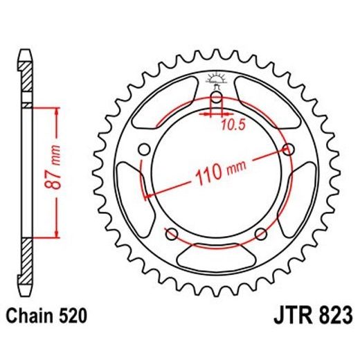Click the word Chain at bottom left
point(32,316)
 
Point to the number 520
point(72,316)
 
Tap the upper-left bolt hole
point(145,149)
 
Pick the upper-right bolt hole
point(287,149)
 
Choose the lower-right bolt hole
point(260,233)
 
